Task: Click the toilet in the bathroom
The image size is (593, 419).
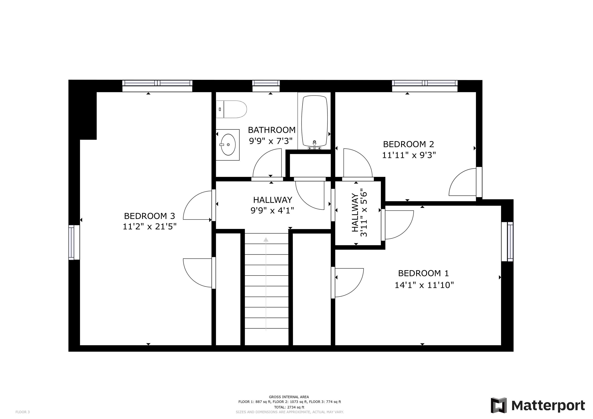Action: click(x=231, y=109)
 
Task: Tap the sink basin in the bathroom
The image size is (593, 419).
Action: click(x=228, y=144)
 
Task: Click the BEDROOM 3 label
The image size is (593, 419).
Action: click(x=150, y=216)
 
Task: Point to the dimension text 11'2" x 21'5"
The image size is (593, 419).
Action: click(x=150, y=227)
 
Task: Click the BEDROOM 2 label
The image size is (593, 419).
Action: click(x=409, y=144)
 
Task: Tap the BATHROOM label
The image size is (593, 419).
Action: click(x=272, y=130)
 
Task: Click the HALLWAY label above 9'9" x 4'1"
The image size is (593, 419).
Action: click(x=273, y=200)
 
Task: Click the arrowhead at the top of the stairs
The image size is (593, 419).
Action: click(x=266, y=239)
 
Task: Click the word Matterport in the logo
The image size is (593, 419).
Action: click(x=548, y=406)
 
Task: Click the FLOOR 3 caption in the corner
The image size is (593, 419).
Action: click(x=23, y=412)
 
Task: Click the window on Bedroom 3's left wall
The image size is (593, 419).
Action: click(x=74, y=242)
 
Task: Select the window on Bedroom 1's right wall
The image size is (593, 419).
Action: click(x=507, y=242)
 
